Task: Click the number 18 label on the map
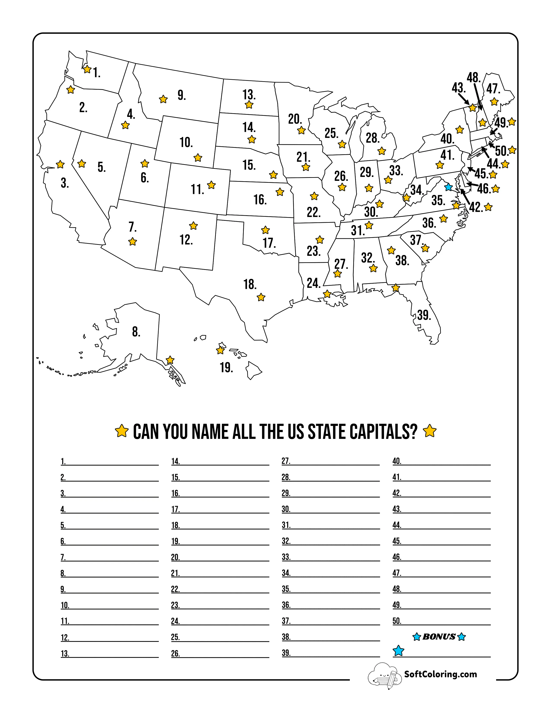(x=250, y=284)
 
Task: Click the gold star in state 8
(x=170, y=360)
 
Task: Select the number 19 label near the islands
(x=226, y=368)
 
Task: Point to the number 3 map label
(x=65, y=183)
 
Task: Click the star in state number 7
(x=132, y=242)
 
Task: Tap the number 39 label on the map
(x=424, y=315)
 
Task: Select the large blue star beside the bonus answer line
(x=398, y=651)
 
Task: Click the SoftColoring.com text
(x=440, y=674)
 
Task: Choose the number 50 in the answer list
(x=397, y=621)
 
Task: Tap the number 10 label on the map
(x=186, y=142)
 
